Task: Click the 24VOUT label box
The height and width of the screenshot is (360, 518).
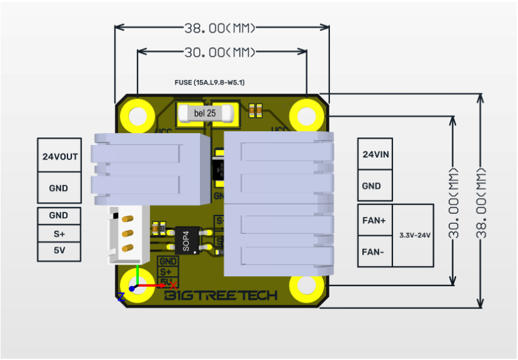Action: [x=59, y=156]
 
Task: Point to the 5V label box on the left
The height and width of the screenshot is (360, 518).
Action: [x=59, y=252]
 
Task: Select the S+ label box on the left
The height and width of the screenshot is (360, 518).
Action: [x=59, y=233]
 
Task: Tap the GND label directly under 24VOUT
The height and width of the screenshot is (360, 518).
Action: [x=59, y=187]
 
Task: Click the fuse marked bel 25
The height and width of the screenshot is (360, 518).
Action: [x=205, y=113]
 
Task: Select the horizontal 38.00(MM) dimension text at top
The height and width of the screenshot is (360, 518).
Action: [x=221, y=28]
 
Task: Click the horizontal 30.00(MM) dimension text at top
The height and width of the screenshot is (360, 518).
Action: [x=221, y=52]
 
